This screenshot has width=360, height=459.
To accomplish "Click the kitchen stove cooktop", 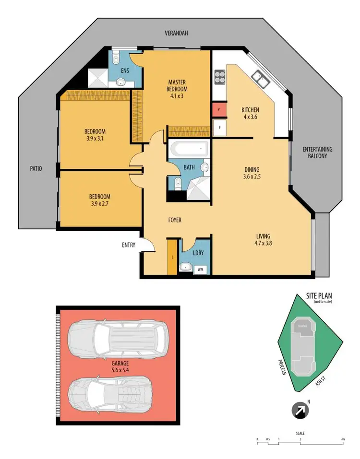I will pos(220,76).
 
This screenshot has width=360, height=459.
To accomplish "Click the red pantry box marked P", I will pos(219,110).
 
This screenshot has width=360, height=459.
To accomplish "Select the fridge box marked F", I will pos(219,128).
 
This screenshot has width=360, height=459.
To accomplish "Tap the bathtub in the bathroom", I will pos(189,149).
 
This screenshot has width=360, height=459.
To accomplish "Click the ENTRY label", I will pos(129,245).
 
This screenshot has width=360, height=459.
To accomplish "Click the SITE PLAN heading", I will pos(319,296).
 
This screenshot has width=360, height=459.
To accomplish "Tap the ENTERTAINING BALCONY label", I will pos(317,153).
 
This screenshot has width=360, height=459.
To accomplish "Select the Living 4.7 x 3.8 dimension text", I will pos(263,239).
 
